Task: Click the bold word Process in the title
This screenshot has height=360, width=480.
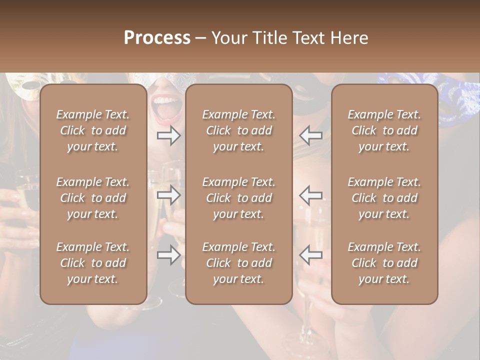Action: pos(157,38)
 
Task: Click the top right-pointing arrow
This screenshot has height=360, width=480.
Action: pos(168,135)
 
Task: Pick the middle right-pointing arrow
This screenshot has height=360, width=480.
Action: pos(168,195)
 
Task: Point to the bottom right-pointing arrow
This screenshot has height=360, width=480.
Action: pos(168,255)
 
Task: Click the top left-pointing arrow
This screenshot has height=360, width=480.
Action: pos(311,135)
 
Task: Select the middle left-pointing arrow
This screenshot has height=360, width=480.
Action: pos(311,195)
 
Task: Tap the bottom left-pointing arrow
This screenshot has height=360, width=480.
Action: pos(311,255)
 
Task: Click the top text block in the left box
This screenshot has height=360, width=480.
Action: pos(93,130)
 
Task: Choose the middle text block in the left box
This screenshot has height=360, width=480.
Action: pos(93,198)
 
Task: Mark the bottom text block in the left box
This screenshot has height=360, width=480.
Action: pos(93,263)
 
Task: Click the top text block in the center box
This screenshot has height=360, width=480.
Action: pos(238,130)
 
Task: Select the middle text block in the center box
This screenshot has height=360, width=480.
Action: pos(238,198)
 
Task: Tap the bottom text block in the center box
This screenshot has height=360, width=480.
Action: pos(238,263)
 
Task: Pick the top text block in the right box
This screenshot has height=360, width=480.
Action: pos(384,130)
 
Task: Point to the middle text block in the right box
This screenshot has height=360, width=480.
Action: pos(384,198)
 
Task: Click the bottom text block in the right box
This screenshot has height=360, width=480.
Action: pos(384,263)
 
